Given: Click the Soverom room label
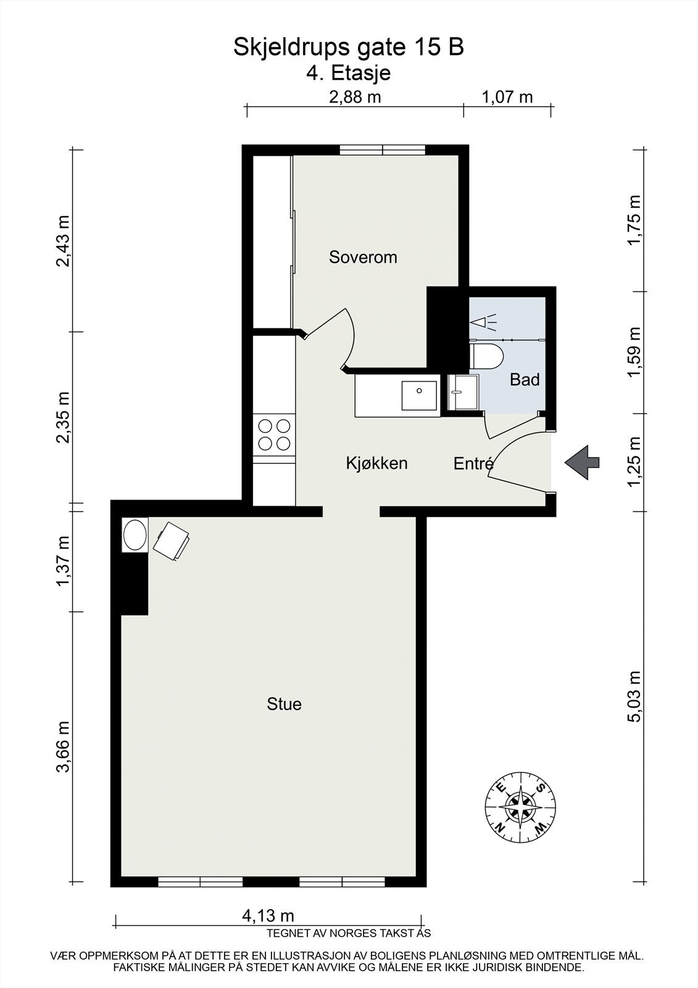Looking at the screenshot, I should pyautogui.click(x=362, y=257).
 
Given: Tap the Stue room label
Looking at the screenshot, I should pyautogui.click(x=284, y=704).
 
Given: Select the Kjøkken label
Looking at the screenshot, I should pyautogui.click(x=376, y=463).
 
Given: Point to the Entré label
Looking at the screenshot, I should pyautogui.click(x=473, y=464).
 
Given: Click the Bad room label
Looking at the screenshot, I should pyautogui.click(x=525, y=380).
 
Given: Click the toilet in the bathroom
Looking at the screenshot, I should pyautogui.click(x=486, y=356).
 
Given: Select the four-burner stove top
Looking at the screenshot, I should pyautogui.click(x=274, y=434).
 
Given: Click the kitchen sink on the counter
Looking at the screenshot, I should pyautogui.click(x=419, y=395).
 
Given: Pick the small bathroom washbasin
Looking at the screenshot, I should pyautogui.click(x=462, y=391).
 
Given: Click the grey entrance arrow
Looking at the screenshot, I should pyautogui.click(x=582, y=461).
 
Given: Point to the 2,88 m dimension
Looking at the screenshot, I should pyautogui.click(x=354, y=97).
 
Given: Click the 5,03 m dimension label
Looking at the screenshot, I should pyautogui.click(x=635, y=696).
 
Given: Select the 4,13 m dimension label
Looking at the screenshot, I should pyautogui.click(x=267, y=916).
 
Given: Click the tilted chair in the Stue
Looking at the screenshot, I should pyautogui.click(x=172, y=540).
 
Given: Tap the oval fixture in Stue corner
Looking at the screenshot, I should pyautogui.click(x=135, y=535).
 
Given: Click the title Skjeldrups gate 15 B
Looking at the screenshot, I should pyautogui.click(x=348, y=48).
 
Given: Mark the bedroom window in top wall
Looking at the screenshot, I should pyautogui.click(x=382, y=149).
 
